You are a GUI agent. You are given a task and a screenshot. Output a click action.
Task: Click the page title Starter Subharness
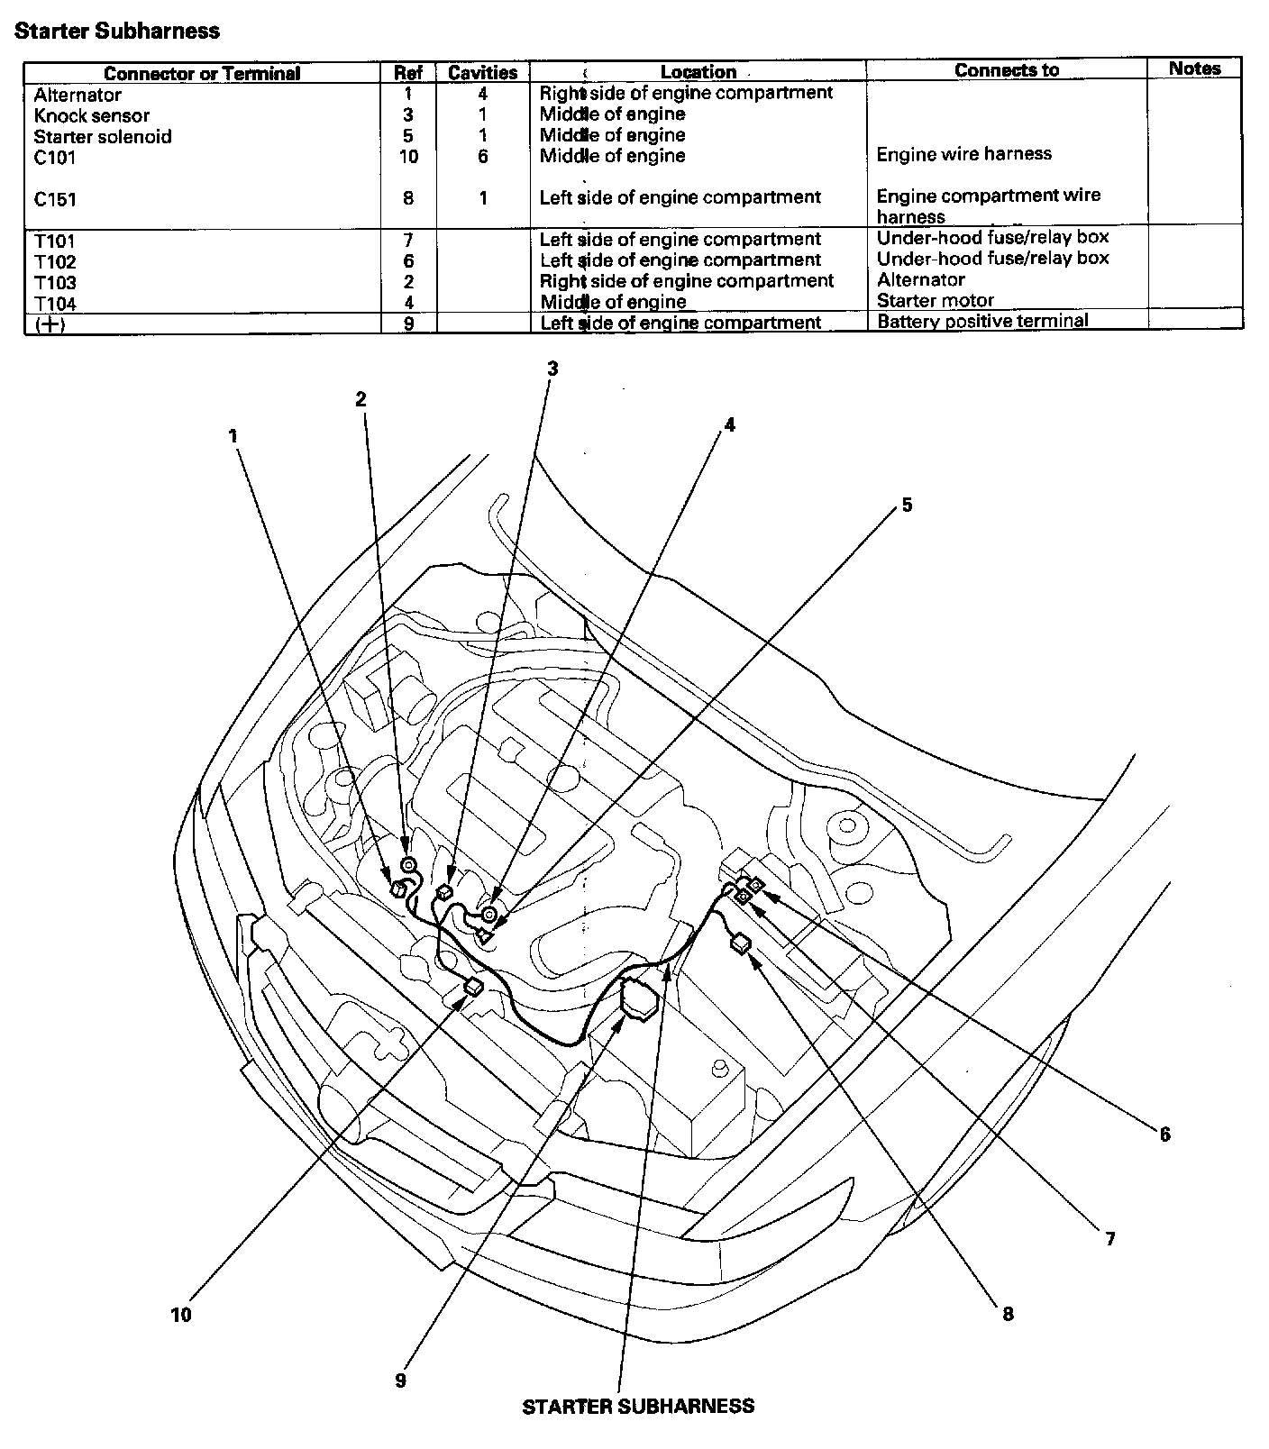pyautogui.click(x=117, y=31)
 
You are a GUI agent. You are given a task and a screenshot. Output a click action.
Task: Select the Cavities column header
pyautogui.click(x=482, y=73)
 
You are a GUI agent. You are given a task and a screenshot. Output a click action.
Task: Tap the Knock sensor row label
pyautogui.click(x=92, y=115)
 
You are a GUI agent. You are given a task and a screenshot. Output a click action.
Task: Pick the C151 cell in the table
pyautogui.click(x=55, y=199)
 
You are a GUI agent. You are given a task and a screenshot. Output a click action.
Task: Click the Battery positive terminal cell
pyautogui.click(x=982, y=321)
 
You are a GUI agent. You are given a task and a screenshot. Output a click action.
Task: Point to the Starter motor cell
pyautogui.click(x=936, y=300)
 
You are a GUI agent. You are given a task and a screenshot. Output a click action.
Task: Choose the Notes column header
pyautogui.click(x=1194, y=68)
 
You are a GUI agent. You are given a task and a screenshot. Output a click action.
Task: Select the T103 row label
pyautogui.click(x=55, y=283)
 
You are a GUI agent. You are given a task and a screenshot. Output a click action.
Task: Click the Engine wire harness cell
pyautogui.click(x=963, y=154)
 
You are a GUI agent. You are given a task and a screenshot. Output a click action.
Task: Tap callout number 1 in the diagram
pyautogui.click(x=233, y=436)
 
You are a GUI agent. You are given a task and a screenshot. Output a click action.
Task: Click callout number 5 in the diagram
pyautogui.click(x=907, y=505)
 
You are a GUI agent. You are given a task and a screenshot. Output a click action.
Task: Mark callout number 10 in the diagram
pyautogui.click(x=181, y=1315)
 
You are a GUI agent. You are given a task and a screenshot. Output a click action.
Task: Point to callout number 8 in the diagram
pyautogui.click(x=1008, y=1314)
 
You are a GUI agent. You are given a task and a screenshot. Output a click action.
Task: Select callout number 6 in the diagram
pyautogui.click(x=1164, y=1135)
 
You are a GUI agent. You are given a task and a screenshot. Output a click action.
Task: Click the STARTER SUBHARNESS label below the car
pyautogui.click(x=638, y=1406)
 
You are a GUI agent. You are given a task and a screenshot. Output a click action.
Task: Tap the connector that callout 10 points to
pyautogui.click(x=472, y=986)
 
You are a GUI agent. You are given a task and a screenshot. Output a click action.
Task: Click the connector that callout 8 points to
pyautogui.click(x=742, y=943)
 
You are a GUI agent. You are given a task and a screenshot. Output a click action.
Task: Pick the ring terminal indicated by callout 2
pyautogui.click(x=407, y=866)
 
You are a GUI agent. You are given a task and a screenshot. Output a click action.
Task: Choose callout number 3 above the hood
pyautogui.click(x=552, y=368)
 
